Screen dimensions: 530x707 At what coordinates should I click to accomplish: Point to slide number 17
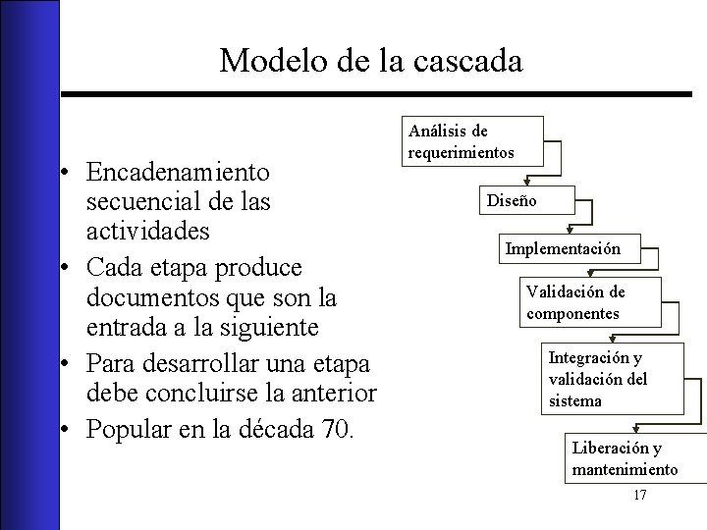point(639,495)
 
